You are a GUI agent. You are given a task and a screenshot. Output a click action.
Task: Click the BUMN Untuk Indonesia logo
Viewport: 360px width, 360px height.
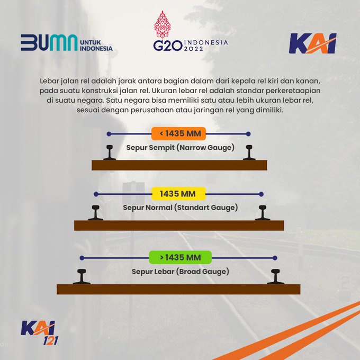(67, 43)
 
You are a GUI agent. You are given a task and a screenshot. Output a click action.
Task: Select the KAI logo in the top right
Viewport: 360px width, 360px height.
(312, 44)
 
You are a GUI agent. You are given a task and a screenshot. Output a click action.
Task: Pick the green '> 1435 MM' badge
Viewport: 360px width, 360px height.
(180, 258)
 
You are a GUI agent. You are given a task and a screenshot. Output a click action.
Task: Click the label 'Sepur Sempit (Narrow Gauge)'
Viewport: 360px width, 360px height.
(180, 148)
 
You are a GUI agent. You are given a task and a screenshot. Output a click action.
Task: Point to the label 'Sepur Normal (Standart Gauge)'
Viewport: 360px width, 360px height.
(180, 208)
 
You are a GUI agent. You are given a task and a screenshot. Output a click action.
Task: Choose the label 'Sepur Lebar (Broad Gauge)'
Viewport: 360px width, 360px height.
(180, 272)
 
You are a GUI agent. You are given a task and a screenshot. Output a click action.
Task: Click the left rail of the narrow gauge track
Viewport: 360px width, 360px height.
(110, 152)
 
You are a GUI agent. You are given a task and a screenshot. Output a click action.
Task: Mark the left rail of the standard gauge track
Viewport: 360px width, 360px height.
(96, 212)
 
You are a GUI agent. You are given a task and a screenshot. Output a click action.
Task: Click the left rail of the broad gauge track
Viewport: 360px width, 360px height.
(82, 276)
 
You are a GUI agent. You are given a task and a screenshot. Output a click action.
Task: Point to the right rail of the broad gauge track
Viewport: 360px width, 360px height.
(276, 276)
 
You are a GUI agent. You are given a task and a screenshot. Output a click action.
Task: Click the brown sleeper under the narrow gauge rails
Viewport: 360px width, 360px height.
(179, 165)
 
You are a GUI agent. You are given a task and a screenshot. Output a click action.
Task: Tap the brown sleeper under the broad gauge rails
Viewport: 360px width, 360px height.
(178, 289)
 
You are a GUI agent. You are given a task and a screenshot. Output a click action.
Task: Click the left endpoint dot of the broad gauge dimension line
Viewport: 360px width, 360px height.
(82, 258)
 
